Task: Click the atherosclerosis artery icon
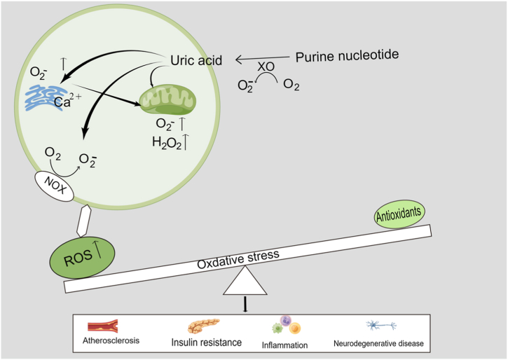tap(102, 326)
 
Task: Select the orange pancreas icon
tap(204, 326)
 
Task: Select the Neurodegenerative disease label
tap(380, 343)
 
